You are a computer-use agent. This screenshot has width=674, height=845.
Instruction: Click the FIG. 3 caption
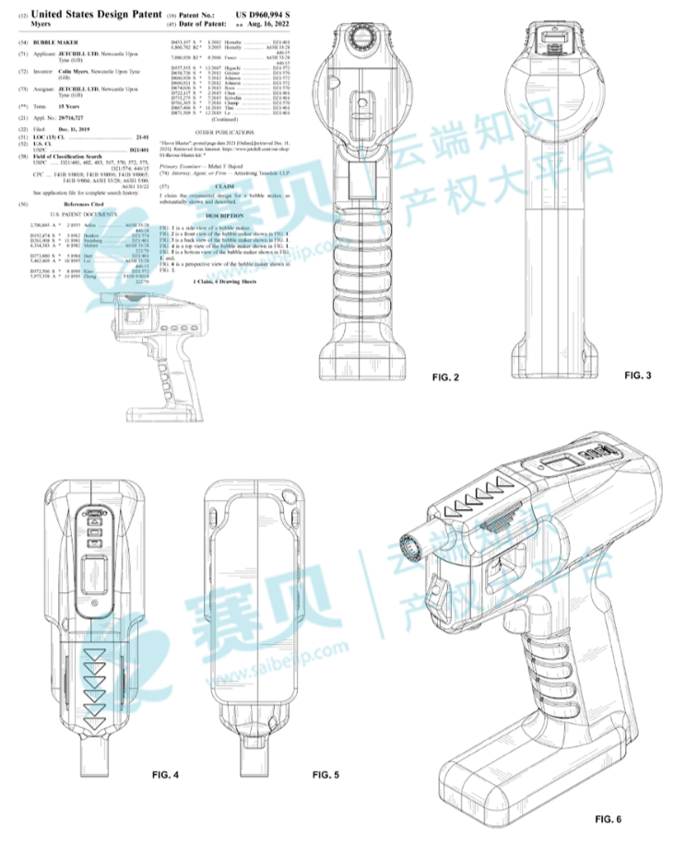637,375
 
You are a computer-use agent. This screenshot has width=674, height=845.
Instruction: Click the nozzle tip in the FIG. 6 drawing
407,544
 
